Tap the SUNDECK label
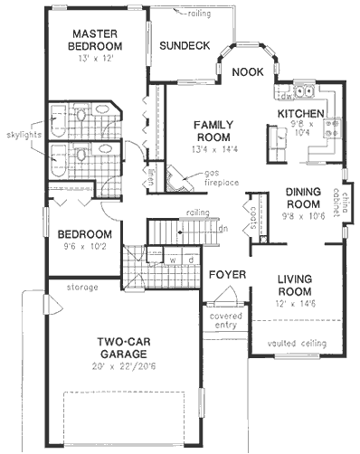[x=185, y=44]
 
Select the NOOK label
[x=247, y=71]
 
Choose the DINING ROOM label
[x=305, y=198]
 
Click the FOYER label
[x=224, y=272]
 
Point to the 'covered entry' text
[x=223, y=322]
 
